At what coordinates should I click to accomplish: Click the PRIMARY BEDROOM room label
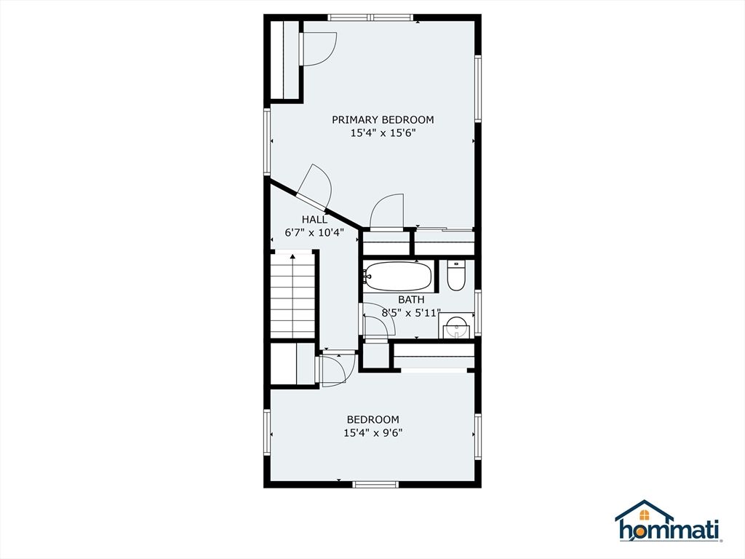tap(383, 120)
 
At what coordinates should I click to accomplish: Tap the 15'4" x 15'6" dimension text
tap(383, 134)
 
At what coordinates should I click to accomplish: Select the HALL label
tap(314, 220)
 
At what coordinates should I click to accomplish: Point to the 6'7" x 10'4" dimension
tap(314, 233)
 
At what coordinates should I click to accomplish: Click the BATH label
tap(412, 300)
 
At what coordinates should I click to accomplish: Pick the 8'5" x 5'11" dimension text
tap(412, 313)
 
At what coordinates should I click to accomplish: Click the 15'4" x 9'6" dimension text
tap(373, 433)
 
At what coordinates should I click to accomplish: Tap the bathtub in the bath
tap(398, 276)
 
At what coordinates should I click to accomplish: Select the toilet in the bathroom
tap(456, 276)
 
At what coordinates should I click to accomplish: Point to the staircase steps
tap(293, 295)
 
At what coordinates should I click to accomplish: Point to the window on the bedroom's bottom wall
tap(375, 484)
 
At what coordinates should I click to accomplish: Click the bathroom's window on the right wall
tap(479, 313)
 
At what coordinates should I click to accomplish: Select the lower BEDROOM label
tap(373, 420)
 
